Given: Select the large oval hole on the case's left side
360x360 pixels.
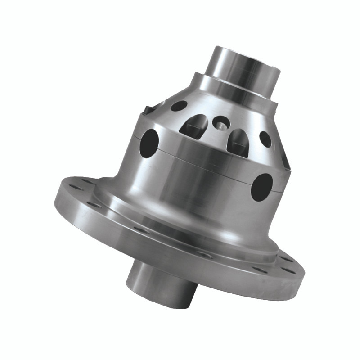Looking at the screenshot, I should click(149, 143).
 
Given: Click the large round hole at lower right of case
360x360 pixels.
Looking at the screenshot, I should click(262, 187).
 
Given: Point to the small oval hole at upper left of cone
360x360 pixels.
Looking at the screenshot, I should click(179, 106).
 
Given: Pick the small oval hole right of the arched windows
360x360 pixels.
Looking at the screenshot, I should click(265, 139).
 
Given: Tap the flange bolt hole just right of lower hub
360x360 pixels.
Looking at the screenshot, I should click(205, 255).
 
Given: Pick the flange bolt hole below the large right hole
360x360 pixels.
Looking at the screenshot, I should click(260, 270).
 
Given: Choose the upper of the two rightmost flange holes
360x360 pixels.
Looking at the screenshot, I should click(286, 259).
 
